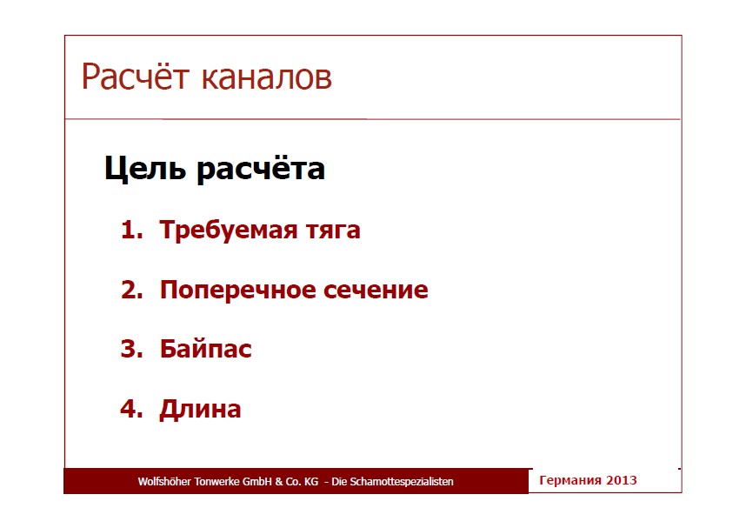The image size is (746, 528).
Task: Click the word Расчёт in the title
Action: tap(136, 77)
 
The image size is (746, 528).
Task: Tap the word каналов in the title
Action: tap(266, 78)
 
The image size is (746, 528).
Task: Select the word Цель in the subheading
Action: tap(145, 169)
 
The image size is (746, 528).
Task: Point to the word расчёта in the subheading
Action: tap(261, 169)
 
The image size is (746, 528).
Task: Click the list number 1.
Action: tap(131, 230)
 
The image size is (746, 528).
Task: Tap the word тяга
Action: tap(333, 232)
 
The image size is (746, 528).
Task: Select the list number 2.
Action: tap(132, 290)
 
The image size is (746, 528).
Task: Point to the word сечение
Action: tap(376, 291)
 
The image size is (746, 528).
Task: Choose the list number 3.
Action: tap(132, 349)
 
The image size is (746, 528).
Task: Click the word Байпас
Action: tap(205, 348)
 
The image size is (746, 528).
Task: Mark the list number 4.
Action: tap(131, 409)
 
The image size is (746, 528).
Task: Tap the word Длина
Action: tap(200, 410)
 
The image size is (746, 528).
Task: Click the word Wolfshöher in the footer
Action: tap(164, 481)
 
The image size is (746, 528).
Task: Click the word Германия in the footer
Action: tap(570, 480)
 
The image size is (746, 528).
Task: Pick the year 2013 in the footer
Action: tap(622, 480)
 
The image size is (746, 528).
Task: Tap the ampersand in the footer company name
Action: tap(279, 482)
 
